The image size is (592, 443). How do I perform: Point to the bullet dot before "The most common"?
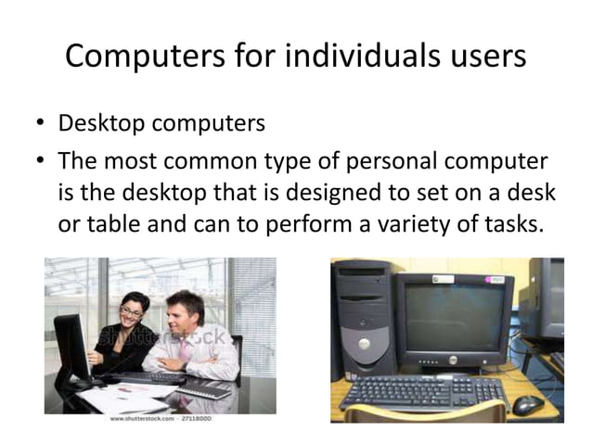click(41, 162)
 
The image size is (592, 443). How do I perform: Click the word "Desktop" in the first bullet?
click(101, 123)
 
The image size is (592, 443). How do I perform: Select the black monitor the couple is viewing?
click(71, 343)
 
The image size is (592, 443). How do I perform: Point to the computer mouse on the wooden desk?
click(528, 404)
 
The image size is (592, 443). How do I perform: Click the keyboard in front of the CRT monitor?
click(423, 394)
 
